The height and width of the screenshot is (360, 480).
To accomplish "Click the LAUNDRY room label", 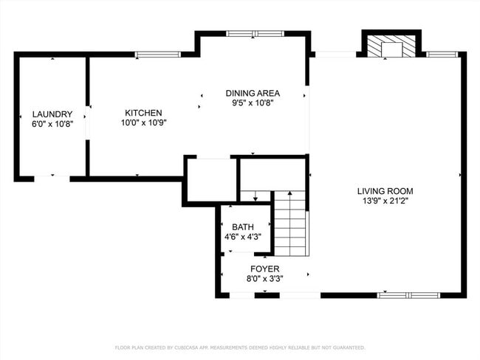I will coord(52,114).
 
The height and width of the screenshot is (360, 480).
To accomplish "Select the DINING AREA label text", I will coord(253,93).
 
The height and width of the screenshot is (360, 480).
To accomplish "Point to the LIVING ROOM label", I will coord(385,190).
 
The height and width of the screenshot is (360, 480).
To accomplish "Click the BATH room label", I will coord(243,227).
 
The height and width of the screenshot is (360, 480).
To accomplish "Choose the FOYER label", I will coord(264,269).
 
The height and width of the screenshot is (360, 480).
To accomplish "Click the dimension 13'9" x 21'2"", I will coord(385,200).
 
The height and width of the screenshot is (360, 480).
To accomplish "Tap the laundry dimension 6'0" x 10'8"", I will coord(52,124).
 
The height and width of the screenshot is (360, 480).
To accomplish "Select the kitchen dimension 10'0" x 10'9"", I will coord(143,122).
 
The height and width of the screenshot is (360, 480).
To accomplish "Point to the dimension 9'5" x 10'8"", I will coord(253,103).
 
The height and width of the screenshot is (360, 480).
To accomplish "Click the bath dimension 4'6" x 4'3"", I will coord(243,237).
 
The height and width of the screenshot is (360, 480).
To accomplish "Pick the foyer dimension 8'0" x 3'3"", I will coord(264,278).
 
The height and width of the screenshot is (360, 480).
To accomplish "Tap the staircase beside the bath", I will coord(290,221).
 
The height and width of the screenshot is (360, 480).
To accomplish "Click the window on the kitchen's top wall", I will coord(158,54).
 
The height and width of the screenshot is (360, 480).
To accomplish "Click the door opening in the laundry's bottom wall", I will coord(52,178).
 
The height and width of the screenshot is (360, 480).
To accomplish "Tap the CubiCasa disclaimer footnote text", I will coord(240,347).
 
